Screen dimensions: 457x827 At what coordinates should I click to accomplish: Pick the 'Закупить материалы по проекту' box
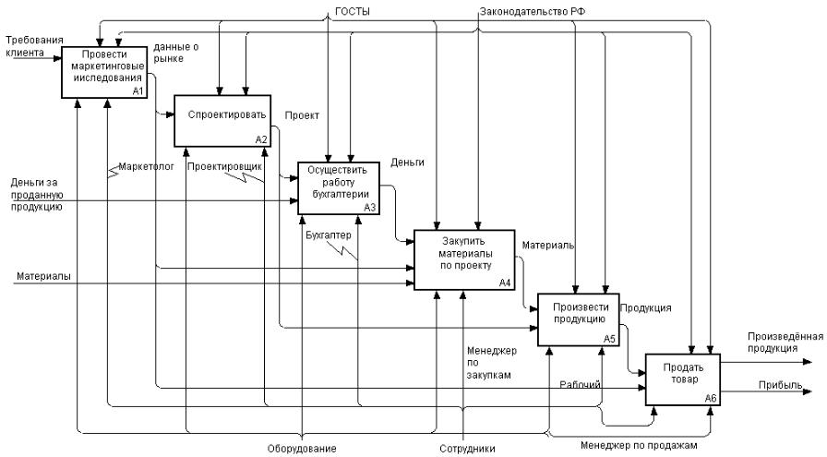point(462,259)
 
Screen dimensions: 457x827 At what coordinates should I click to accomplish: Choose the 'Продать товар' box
point(682,379)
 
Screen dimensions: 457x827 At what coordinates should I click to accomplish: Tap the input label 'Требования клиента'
point(32,47)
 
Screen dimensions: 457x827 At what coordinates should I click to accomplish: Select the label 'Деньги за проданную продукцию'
point(37,195)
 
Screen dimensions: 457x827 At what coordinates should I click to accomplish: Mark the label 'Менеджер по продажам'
point(640,442)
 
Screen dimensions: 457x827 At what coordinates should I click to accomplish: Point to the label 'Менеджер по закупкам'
point(493,364)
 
